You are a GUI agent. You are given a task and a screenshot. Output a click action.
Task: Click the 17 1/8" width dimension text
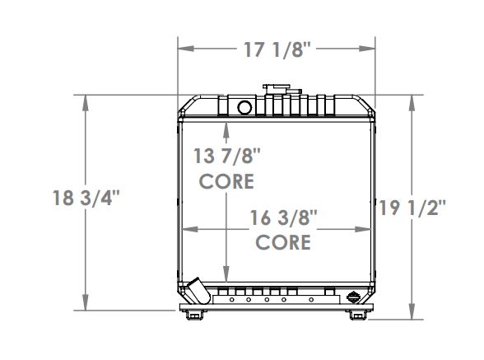277,49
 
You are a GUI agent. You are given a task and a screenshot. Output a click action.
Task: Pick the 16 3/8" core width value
284,217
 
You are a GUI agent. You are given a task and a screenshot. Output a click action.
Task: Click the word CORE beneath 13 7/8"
226,181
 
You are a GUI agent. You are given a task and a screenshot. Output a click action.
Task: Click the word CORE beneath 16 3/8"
284,242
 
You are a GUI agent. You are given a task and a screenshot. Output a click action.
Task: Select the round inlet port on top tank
244,107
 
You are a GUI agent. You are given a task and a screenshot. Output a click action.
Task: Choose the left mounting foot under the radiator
194,314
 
